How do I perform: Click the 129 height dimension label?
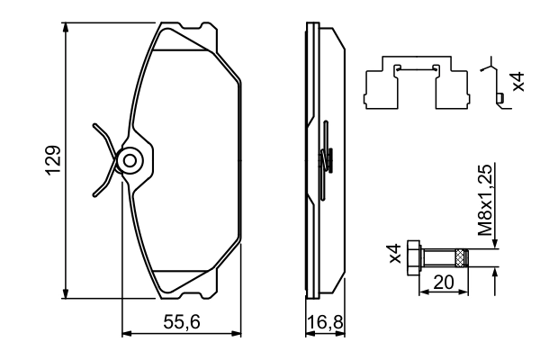click(x=53, y=159)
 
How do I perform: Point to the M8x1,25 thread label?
click(x=485, y=201)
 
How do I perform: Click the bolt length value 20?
click(x=443, y=281)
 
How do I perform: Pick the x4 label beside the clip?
click(x=517, y=82)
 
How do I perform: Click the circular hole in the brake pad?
click(x=130, y=162)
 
